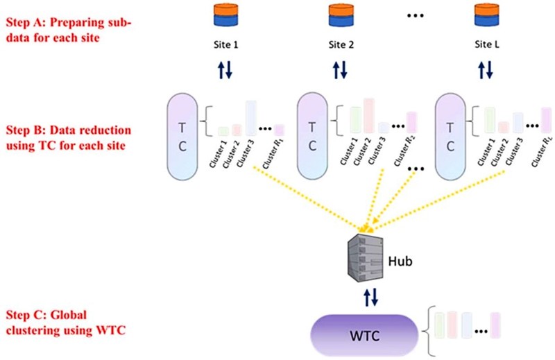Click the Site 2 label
pyautogui.click(x=341, y=45)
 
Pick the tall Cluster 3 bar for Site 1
pyautogui.click(x=250, y=118)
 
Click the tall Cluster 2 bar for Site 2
pyautogui.click(x=368, y=116)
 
